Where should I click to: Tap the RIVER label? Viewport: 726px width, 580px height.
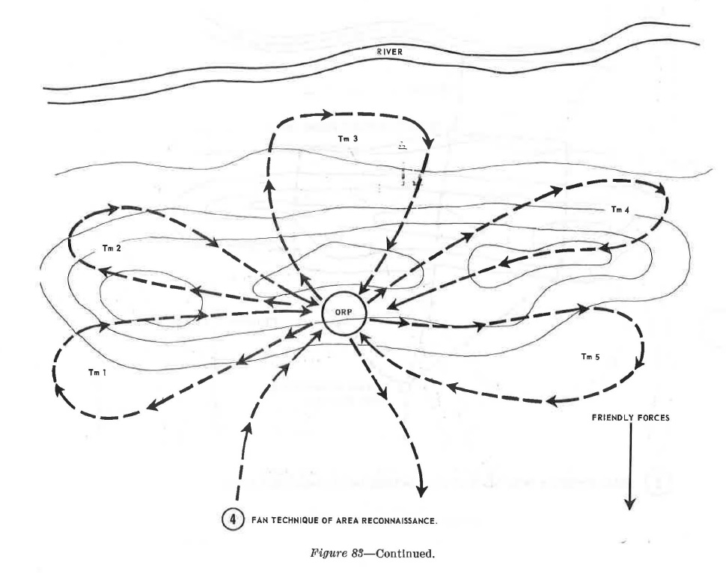(390, 52)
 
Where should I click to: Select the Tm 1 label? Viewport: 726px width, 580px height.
(97, 372)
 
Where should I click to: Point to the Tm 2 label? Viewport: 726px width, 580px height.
(112, 248)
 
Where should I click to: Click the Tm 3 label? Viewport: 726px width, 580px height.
(348, 138)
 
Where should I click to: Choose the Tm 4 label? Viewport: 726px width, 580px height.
(620, 210)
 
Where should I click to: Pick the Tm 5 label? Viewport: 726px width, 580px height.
(591, 356)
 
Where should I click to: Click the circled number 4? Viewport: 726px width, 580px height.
(233, 519)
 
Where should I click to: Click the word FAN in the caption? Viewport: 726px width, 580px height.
(259, 521)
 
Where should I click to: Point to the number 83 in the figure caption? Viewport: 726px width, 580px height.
(356, 553)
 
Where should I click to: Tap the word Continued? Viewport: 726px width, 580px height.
(405, 553)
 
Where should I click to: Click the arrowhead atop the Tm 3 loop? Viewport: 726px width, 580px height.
(326, 114)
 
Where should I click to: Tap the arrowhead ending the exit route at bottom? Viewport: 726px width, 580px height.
(421, 492)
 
